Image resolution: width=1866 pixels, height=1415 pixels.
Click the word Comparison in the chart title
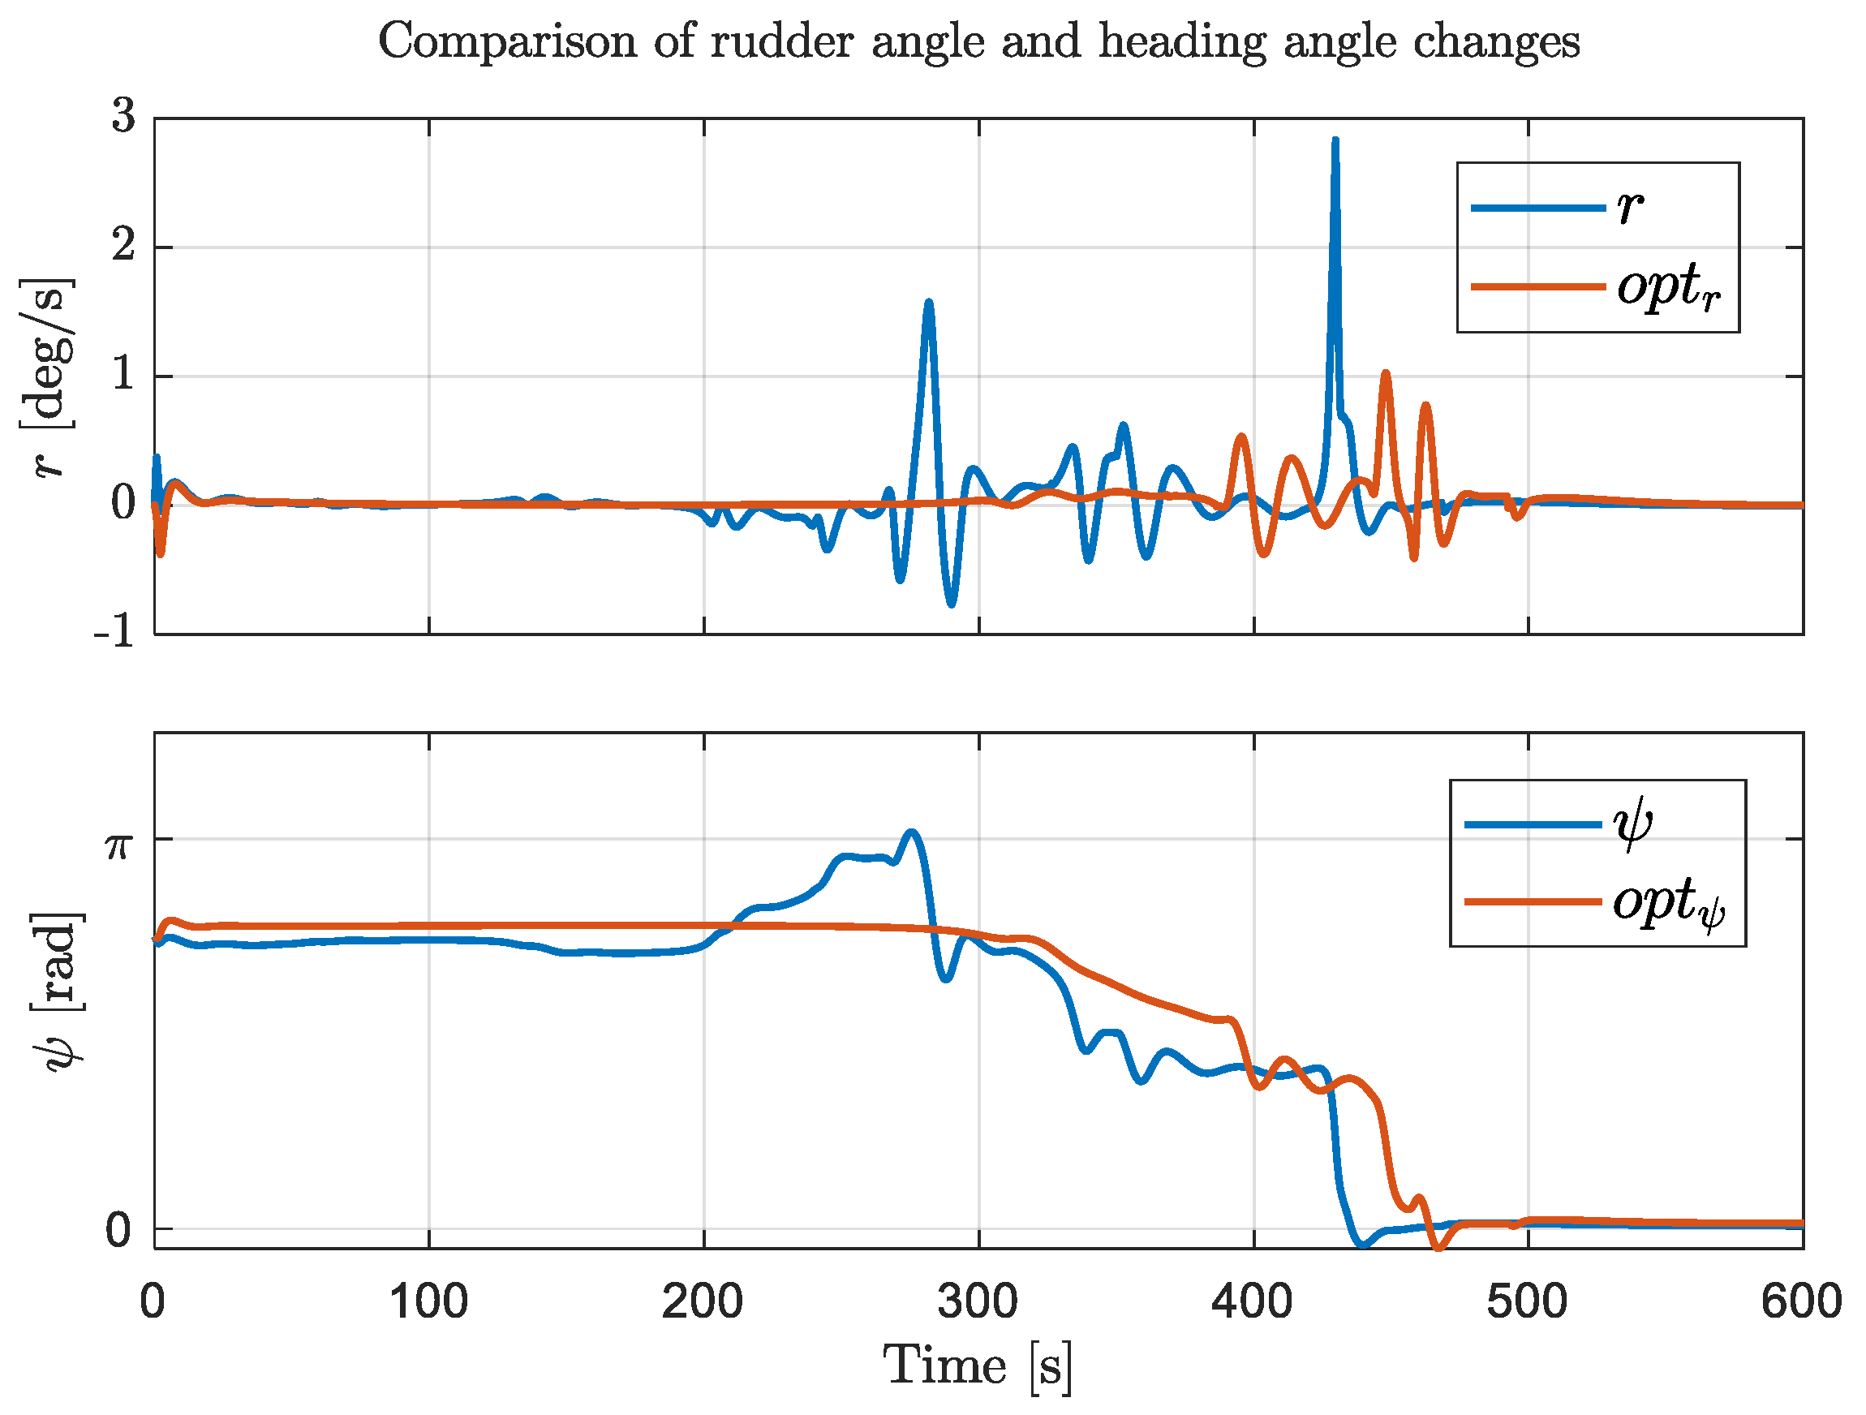coord(506,41)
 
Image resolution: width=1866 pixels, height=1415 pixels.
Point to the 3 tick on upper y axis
coord(123,115)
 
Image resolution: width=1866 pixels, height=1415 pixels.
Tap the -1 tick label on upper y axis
coord(114,630)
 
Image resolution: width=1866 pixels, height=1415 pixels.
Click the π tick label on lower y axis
coord(118,844)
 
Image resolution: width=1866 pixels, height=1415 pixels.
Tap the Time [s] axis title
coord(978,1366)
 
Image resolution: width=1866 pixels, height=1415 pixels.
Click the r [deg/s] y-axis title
coord(48,377)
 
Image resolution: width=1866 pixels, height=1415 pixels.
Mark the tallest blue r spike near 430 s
coord(1335,141)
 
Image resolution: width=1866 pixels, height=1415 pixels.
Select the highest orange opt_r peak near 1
coord(1385,373)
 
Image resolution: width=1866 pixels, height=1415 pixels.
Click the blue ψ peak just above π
coord(910,832)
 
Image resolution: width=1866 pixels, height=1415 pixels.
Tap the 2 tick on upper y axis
coord(123,247)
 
